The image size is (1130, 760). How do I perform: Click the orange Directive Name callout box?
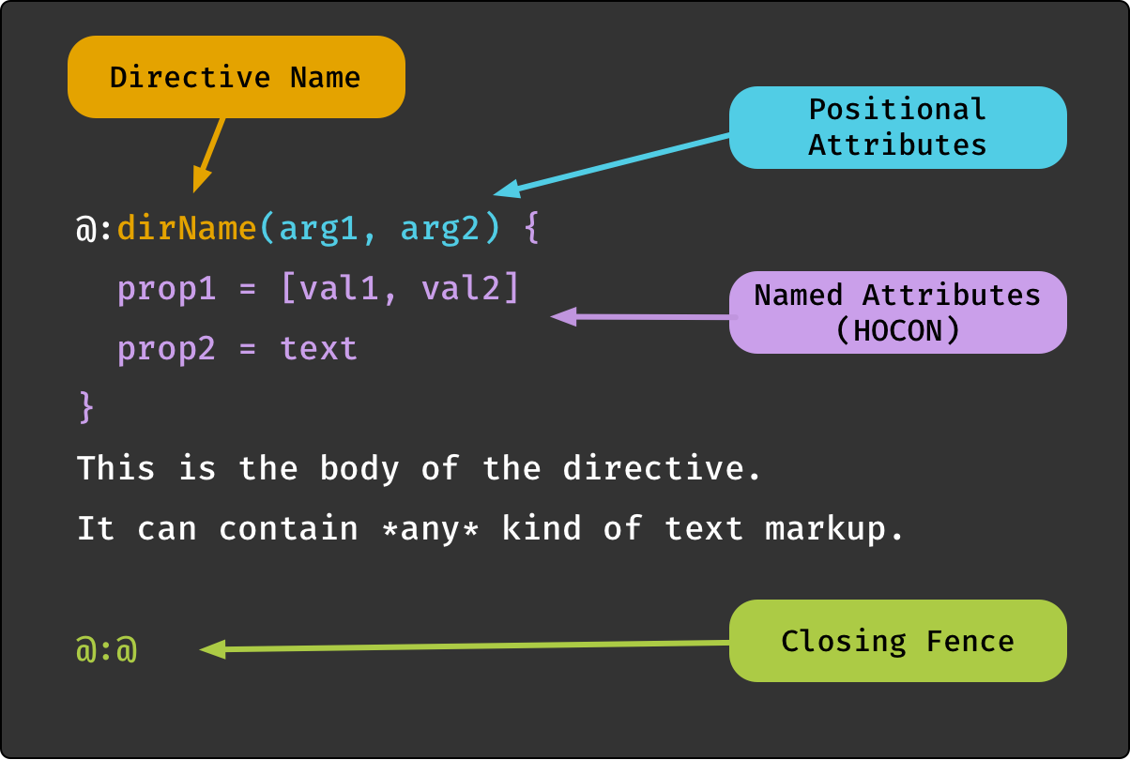point(237,77)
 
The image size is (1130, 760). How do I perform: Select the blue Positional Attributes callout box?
point(898,127)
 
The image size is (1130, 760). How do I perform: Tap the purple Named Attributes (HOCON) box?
point(898,312)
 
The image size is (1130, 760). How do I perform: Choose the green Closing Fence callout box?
point(898,641)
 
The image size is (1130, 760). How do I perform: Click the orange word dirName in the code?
point(187,227)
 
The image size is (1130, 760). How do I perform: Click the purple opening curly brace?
point(532,228)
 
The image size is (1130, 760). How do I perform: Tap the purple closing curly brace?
point(86,406)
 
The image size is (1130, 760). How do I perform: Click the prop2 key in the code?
point(166,349)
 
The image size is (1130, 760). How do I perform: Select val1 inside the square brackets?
point(338,288)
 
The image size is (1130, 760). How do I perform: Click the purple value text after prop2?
point(318,348)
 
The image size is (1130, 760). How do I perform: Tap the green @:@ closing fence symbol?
point(106,648)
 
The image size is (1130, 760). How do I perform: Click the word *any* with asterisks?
point(430,529)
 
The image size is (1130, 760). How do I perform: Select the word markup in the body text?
point(825,528)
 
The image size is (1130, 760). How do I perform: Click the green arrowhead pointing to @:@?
point(213,649)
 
